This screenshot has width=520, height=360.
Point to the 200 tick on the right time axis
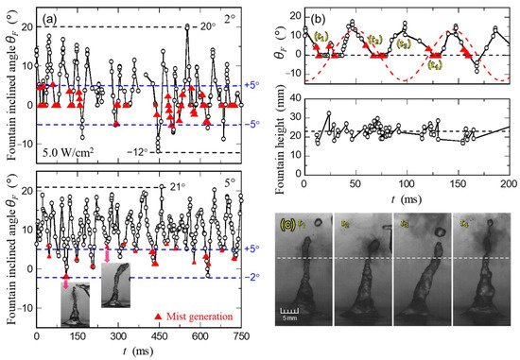point(508,181)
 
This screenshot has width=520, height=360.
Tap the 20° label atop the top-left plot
point(202,26)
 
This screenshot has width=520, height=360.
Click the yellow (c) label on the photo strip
point(287,224)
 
